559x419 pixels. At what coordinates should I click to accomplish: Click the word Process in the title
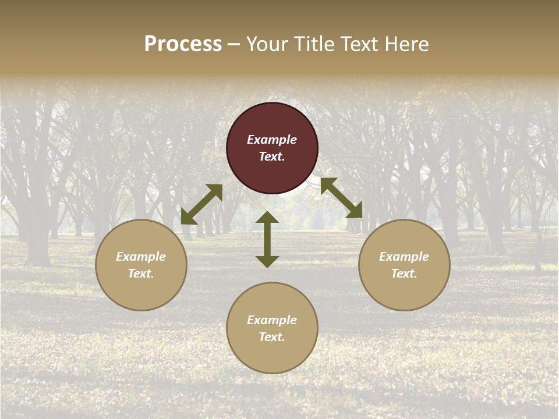click(x=183, y=44)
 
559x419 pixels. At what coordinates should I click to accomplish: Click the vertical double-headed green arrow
click(x=267, y=239)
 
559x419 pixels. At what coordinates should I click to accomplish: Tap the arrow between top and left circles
click(x=201, y=204)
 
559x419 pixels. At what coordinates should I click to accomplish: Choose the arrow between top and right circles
click(x=341, y=198)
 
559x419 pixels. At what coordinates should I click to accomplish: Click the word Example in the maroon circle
click(x=272, y=140)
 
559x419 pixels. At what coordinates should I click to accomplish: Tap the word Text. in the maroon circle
click(x=272, y=157)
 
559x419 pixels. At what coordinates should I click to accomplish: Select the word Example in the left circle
click(x=141, y=257)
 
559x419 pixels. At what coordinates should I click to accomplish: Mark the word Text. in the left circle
click(x=141, y=274)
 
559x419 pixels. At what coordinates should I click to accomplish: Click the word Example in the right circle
click(x=404, y=257)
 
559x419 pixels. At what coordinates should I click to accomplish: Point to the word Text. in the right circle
click(x=404, y=274)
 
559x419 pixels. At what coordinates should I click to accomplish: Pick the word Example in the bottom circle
click(x=272, y=320)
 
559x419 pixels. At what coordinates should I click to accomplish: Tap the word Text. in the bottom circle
click(x=272, y=337)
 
